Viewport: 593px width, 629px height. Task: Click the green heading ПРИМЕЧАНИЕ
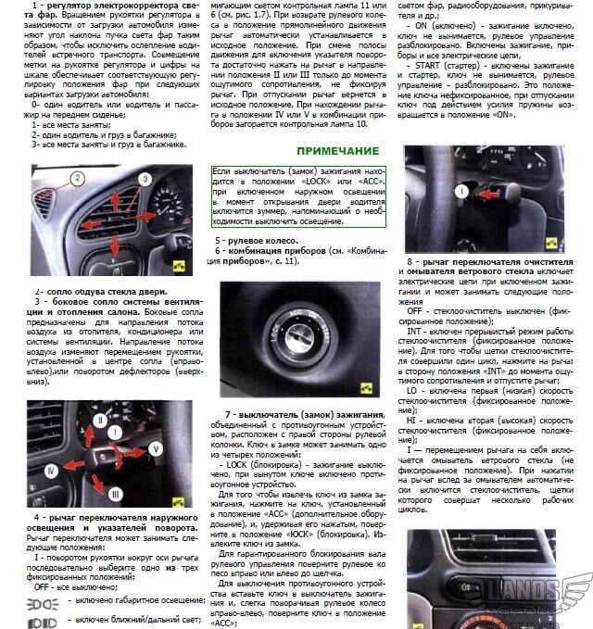[x=338, y=150]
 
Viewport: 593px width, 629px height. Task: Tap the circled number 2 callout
[x=78, y=177]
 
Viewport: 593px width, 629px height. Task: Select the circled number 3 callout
[x=145, y=178]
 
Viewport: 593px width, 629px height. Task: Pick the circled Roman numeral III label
[x=115, y=492]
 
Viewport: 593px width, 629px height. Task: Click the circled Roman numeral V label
[x=155, y=448]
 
